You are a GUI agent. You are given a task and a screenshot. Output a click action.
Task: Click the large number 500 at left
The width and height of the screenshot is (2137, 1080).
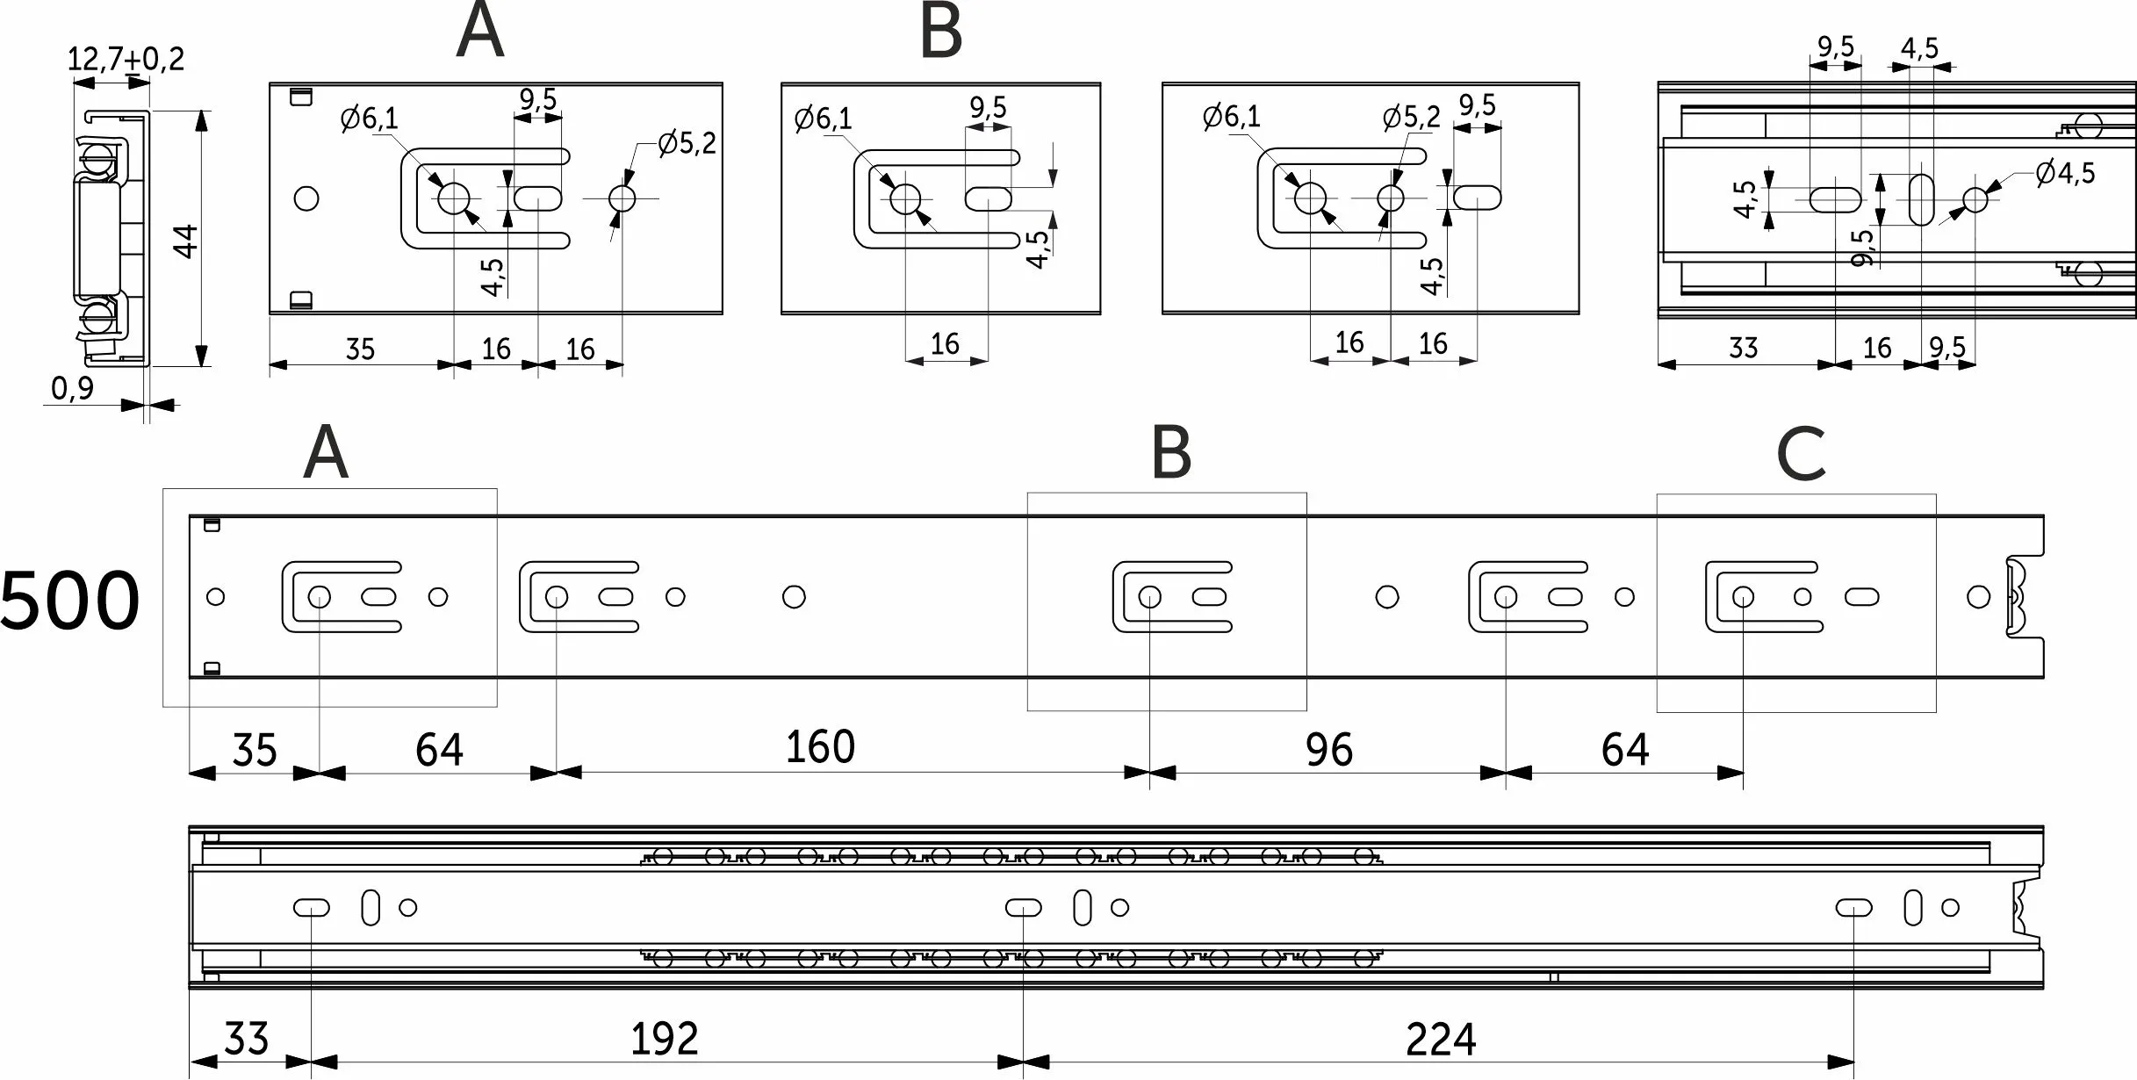[x=70, y=601]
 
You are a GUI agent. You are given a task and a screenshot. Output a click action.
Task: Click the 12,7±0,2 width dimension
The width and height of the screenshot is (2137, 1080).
[x=126, y=60]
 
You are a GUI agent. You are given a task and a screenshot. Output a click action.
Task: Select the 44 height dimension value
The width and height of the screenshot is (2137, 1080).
[x=186, y=241]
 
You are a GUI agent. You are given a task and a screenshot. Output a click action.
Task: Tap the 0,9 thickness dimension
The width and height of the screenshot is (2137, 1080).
[x=72, y=388]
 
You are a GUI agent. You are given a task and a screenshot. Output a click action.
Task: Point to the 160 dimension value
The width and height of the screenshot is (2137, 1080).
[x=820, y=747]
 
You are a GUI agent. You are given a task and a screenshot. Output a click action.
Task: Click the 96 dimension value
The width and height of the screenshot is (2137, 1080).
[x=1328, y=750]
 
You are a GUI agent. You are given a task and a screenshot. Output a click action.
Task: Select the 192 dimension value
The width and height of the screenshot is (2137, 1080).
[x=665, y=1040]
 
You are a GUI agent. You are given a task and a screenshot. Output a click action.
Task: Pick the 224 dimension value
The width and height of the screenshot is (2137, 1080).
[x=1441, y=1040]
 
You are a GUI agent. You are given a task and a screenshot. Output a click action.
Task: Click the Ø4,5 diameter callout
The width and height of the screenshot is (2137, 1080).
[x=2065, y=173]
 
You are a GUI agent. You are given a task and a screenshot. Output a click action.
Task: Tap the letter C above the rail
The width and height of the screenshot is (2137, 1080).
[x=1800, y=455]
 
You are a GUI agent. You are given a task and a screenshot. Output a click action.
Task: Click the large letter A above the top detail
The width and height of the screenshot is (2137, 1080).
[x=480, y=32]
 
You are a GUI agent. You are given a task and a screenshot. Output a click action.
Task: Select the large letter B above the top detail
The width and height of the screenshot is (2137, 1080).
[x=940, y=32]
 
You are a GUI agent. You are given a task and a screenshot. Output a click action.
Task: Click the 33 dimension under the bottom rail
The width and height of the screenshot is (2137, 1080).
[x=246, y=1040]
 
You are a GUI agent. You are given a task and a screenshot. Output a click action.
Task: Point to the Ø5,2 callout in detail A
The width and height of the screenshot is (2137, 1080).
[x=687, y=143]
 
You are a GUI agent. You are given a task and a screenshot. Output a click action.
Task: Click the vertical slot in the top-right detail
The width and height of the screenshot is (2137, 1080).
[x=1922, y=199]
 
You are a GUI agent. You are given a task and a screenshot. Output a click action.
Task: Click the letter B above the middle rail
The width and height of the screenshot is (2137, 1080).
[x=1171, y=453]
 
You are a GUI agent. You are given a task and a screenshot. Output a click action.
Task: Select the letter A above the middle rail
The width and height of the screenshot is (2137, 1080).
[x=326, y=453]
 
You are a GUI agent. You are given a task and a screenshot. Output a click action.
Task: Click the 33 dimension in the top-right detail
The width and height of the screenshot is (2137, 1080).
[x=1743, y=349]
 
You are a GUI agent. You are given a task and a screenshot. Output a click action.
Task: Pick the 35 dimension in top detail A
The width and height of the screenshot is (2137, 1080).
[x=360, y=349]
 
